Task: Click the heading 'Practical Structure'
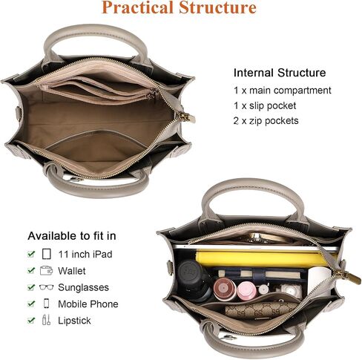tap(179, 7)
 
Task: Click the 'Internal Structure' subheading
tap(280, 73)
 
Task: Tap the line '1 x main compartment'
tap(283, 91)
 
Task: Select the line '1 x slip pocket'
tap(265, 105)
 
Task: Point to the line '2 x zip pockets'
tap(266, 121)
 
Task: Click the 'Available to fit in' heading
tap(72, 236)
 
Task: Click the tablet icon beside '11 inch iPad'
tap(47, 254)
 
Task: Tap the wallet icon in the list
tap(46, 271)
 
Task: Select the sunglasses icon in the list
tap(46, 287)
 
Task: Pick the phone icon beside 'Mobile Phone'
tap(46, 304)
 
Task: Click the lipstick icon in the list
tap(46, 320)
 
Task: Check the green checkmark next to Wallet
tap(31, 270)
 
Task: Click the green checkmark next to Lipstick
tap(31, 320)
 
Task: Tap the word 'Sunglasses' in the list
tap(84, 287)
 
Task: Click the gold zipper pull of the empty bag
tap(185, 117)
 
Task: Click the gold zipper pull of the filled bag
tap(347, 276)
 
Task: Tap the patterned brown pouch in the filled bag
tap(261, 310)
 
